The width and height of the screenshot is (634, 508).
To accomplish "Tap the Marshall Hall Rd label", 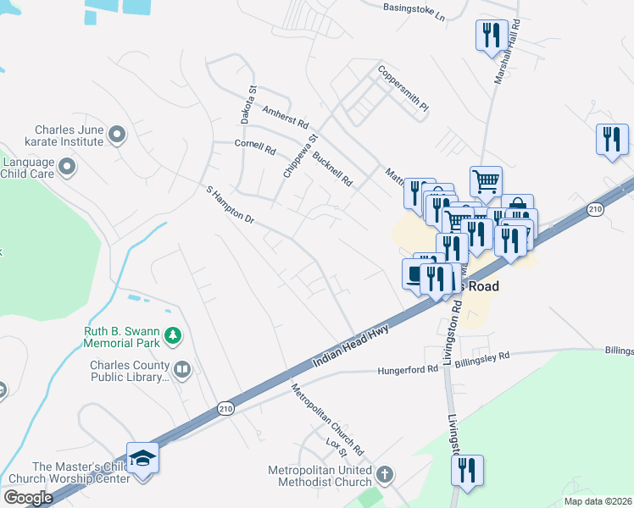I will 513,50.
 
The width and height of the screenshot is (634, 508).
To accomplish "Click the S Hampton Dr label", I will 230,204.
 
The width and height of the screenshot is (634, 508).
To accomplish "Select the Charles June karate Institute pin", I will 117,133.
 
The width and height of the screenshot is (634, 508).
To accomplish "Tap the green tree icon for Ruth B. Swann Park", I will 173,336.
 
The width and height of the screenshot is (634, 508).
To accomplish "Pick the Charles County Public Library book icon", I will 181,369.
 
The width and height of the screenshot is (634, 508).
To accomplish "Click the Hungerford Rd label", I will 408,370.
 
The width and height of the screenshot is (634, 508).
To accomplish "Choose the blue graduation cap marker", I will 143,459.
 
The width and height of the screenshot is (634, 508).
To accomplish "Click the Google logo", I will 28,498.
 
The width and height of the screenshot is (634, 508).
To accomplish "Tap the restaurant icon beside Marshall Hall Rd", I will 492,35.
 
